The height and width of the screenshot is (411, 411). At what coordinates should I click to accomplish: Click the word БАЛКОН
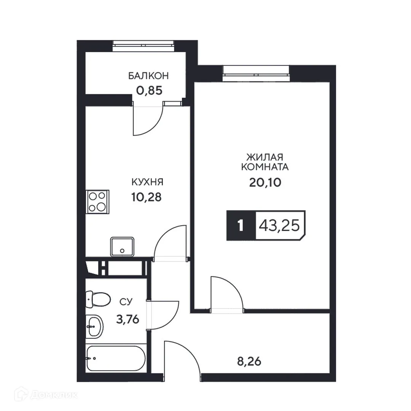click(x=148, y=76)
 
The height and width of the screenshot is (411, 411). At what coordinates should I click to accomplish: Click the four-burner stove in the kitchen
click(x=97, y=201)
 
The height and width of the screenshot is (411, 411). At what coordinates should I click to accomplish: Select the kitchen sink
click(x=123, y=247)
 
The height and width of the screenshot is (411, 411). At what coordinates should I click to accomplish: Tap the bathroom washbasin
click(x=94, y=326)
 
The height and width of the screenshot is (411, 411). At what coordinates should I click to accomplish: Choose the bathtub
click(x=115, y=358)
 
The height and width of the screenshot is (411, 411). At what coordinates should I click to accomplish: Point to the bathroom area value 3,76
click(x=127, y=319)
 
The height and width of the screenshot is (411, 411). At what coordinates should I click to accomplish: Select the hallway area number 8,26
click(x=249, y=360)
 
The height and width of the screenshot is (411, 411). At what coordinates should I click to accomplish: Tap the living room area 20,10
click(x=265, y=183)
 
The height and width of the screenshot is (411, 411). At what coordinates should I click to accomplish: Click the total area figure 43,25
click(x=279, y=226)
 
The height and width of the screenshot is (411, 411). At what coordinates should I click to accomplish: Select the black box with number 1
click(x=241, y=226)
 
